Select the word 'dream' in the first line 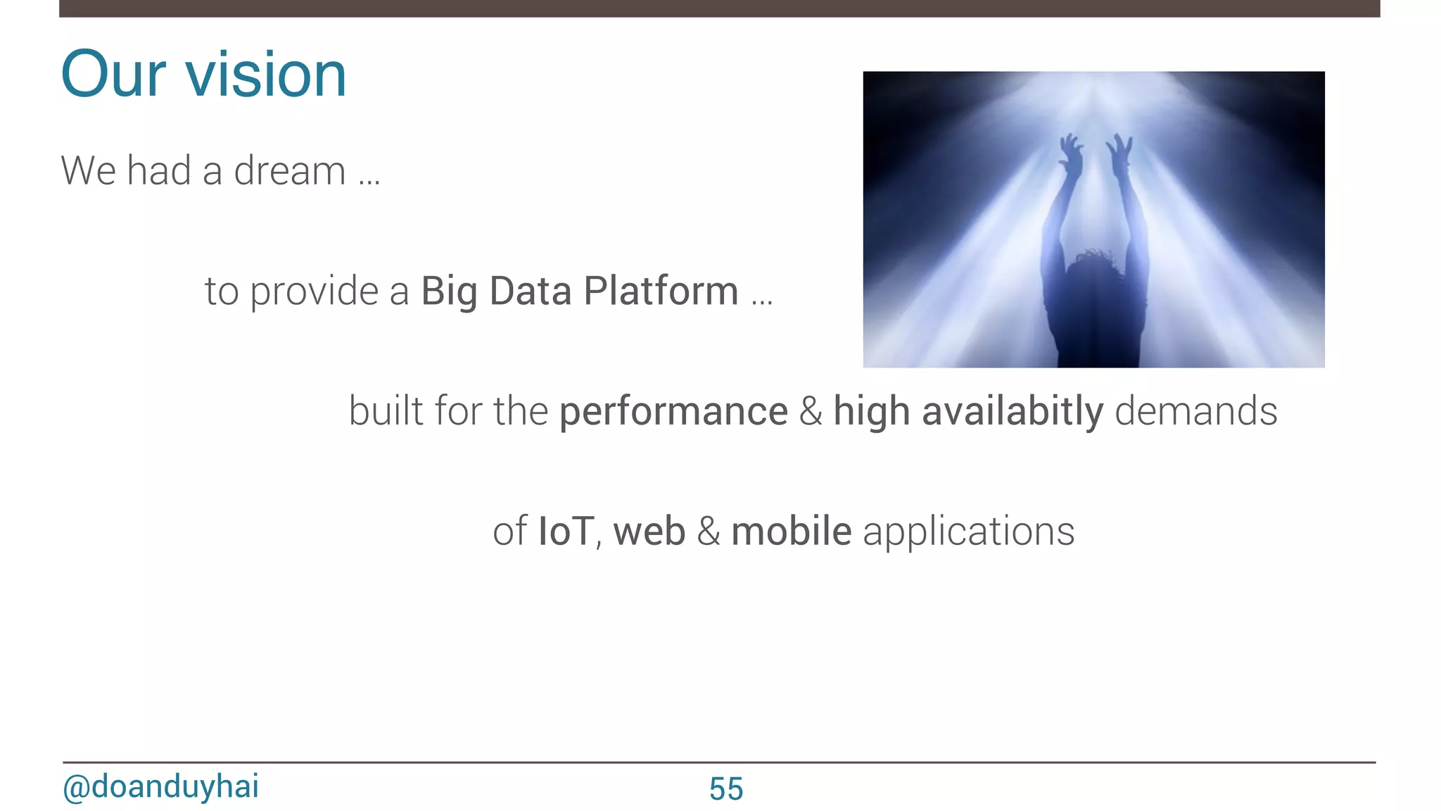tap(289, 171)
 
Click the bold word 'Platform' tap(661, 291)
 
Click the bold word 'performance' tap(673, 412)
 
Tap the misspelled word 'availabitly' tap(1012, 412)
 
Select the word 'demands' tap(1196, 412)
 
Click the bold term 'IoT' tap(566, 532)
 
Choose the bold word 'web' tap(649, 532)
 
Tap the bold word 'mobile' tap(791, 532)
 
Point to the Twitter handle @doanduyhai tap(160, 786)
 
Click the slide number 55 tap(725, 789)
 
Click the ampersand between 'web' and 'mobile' tap(708, 532)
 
